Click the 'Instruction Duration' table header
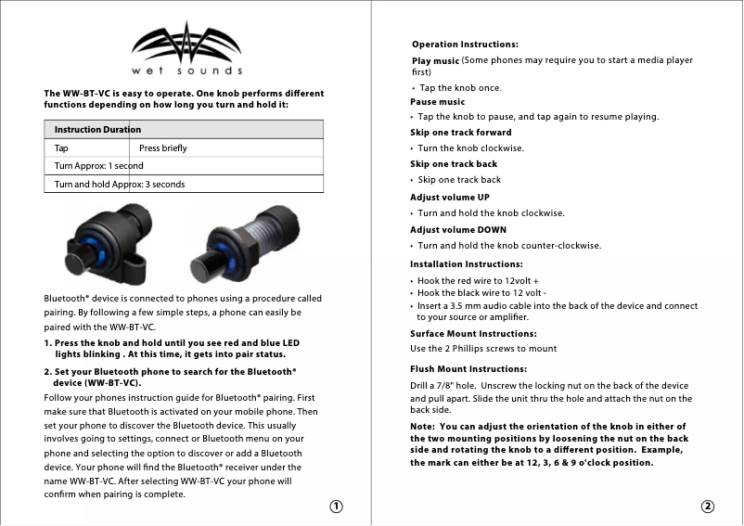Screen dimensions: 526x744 (x=97, y=130)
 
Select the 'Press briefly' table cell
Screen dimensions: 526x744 (x=162, y=148)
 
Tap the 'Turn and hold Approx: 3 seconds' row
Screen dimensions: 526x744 (x=119, y=184)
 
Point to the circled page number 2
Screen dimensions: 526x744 (x=708, y=507)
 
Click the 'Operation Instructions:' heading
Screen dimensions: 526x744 (x=464, y=45)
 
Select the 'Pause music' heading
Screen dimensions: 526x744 (x=438, y=102)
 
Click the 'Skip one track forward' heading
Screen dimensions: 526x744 (x=460, y=133)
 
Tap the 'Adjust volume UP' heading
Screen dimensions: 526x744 (x=450, y=198)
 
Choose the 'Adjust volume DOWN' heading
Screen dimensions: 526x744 (x=458, y=229)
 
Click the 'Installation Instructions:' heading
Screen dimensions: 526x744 (x=467, y=264)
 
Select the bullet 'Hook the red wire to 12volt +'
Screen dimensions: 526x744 (x=478, y=280)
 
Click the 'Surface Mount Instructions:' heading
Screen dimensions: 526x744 (x=473, y=333)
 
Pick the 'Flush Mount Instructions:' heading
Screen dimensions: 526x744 (x=468, y=369)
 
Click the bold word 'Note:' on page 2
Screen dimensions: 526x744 (x=425, y=426)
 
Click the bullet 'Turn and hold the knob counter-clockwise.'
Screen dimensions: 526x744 (x=508, y=246)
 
